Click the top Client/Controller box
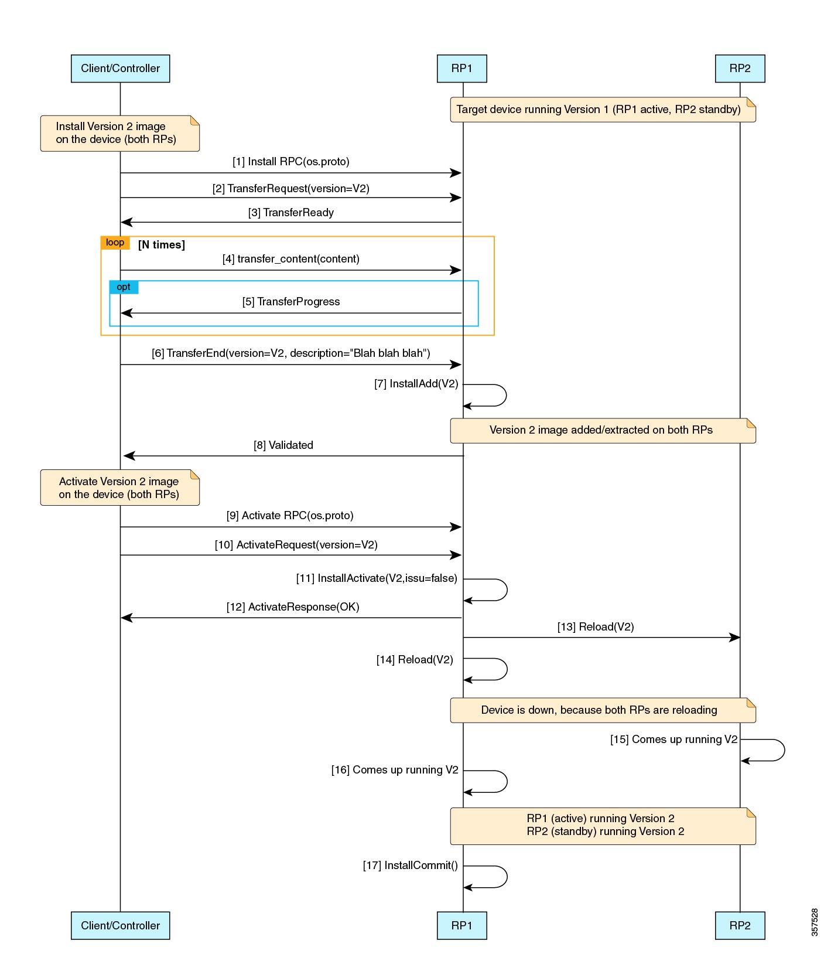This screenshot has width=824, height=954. click(120, 69)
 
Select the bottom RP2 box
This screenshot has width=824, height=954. click(740, 925)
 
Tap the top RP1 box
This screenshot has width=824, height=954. click(461, 69)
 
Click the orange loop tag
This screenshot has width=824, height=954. click(115, 243)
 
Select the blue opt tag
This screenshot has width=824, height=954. click(124, 287)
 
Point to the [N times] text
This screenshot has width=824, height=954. click(162, 245)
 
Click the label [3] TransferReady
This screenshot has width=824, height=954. click(291, 213)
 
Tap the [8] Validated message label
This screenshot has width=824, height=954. click(283, 445)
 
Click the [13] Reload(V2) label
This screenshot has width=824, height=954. click(596, 627)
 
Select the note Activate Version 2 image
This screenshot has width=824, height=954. click(119, 488)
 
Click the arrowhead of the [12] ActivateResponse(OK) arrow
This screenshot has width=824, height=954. click(126, 618)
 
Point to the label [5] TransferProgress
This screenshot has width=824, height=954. click(291, 302)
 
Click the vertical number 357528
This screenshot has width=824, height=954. click(815, 922)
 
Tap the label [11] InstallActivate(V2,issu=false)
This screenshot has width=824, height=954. click(377, 578)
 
